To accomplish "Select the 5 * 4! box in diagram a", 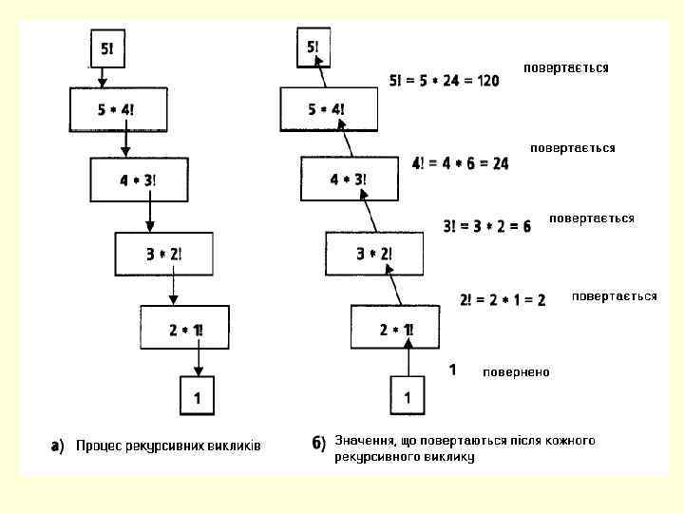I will [x=117, y=110].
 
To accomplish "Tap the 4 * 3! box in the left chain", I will [x=138, y=180].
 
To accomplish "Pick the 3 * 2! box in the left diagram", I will [x=163, y=254].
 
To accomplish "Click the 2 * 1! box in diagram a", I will [x=185, y=329].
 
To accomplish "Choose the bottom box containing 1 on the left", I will [x=197, y=396].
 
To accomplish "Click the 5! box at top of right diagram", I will [x=313, y=47].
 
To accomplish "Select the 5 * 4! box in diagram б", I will [x=327, y=109].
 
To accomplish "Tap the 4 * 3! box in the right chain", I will [x=348, y=180].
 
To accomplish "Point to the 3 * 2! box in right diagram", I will [x=373, y=254].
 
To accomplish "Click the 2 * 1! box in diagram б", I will [x=396, y=330].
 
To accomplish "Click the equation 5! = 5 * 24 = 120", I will [x=444, y=81].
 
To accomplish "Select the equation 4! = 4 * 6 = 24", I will [x=460, y=163].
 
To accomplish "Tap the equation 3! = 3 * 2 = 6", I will [x=486, y=226].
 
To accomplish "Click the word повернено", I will [x=515, y=371].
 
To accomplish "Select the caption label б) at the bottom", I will [x=319, y=443].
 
